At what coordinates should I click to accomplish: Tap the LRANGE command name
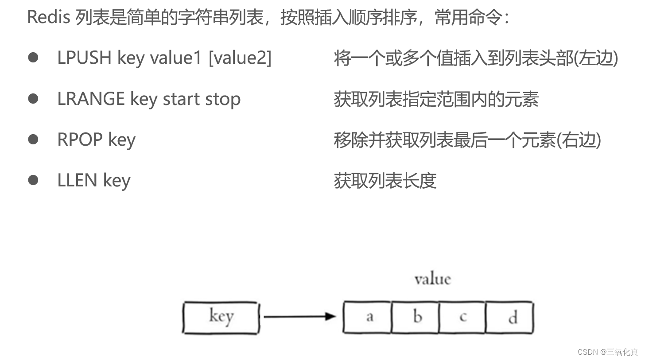coord(91,99)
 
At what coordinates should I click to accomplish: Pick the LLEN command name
coord(77,180)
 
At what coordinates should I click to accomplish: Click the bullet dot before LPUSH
coord(33,58)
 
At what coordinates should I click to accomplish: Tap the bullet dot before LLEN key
coord(33,180)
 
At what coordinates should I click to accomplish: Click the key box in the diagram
coord(221,317)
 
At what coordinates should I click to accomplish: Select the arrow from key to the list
coord(299,316)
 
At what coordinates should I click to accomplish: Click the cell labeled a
coord(368,317)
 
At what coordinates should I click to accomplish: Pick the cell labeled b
coord(416,317)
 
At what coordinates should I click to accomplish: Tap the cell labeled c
coord(462,317)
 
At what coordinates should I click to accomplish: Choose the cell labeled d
coord(510,317)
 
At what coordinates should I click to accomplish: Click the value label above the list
coord(432,279)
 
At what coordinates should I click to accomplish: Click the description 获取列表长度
coord(385,180)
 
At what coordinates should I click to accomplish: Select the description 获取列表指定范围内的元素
coord(436,99)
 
